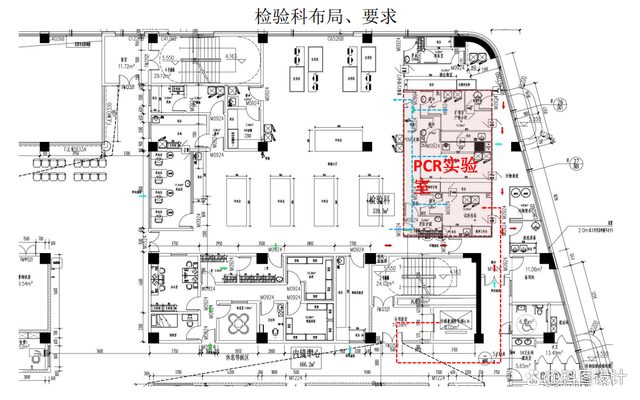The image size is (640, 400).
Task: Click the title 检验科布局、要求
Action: tap(319, 15)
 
